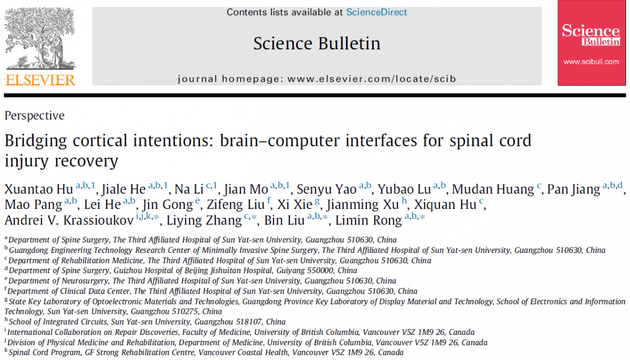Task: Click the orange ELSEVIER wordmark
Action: click(40, 80)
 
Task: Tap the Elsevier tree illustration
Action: click(40, 38)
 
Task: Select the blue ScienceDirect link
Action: click(376, 12)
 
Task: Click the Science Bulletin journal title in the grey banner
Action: click(317, 43)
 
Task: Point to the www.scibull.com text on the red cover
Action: click(591, 62)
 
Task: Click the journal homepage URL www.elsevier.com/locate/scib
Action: click(371, 79)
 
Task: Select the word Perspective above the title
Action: click(35, 115)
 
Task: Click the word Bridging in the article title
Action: click(36, 141)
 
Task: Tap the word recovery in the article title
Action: click(86, 161)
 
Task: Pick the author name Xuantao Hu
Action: click(39, 189)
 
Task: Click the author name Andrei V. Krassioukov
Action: click(69, 220)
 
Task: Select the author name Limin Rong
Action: click(368, 220)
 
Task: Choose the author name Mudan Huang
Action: click(493, 189)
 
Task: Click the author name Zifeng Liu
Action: click(236, 205)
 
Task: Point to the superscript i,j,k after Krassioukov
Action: click(144, 216)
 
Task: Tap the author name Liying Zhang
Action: click(204, 220)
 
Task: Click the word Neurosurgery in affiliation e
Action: click(85, 281)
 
